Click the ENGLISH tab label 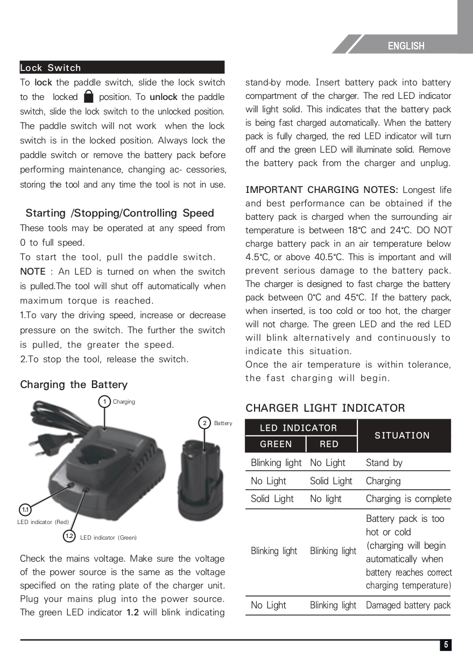[x=406, y=46]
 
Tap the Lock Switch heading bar [x=122, y=68]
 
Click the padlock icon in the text [x=89, y=97]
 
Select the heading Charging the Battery [x=74, y=384]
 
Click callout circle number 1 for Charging [x=104, y=401]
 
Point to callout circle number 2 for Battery [x=204, y=423]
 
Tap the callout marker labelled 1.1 [x=25, y=509]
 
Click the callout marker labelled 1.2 [x=69, y=536]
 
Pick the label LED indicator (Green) [x=108, y=537]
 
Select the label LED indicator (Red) [x=43, y=522]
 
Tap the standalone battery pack [x=200, y=478]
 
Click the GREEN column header [x=276, y=444]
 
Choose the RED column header [x=329, y=444]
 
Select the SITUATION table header [x=402, y=435]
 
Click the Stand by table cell [x=384, y=463]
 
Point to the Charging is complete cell [x=408, y=499]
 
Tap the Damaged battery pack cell [x=408, y=605]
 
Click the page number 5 [x=445, y=645]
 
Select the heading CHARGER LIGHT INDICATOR [x=325, y=408]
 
